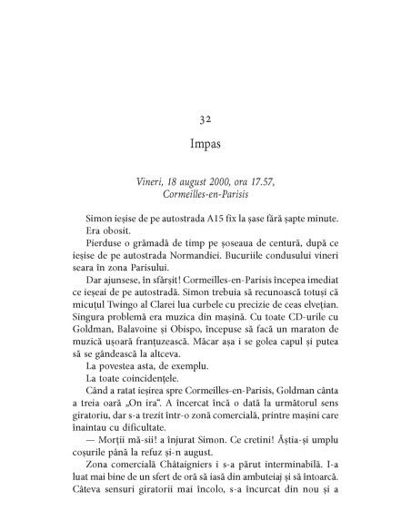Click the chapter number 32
pyautogui.click(x=205, y=118)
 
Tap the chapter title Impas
pyautogui.click(x=205, y=144)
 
